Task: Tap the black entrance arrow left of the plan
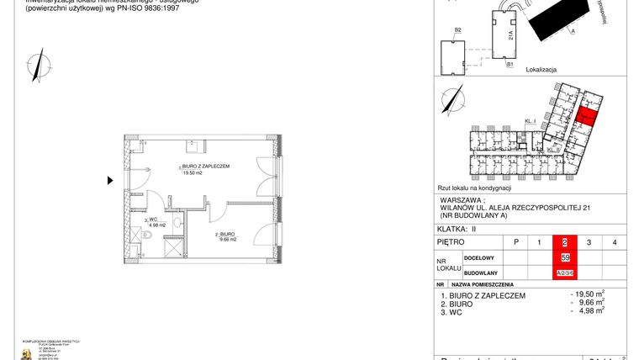(x=110, y=180)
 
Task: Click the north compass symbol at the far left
(x=37, y=64)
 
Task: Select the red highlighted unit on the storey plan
(x=588, y=118)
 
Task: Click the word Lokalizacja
(x=543, y=71)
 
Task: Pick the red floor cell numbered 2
(x=564, y=243)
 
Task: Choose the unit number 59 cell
(x=564, y=257)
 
